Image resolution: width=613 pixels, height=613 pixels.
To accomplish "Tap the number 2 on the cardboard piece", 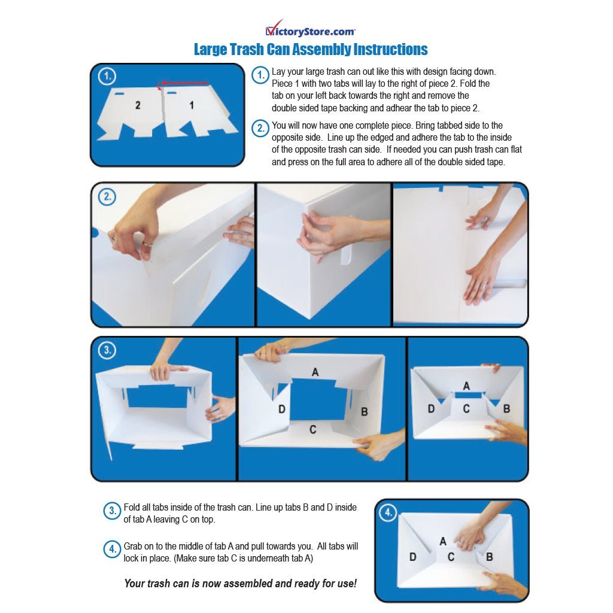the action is [x=138, y=105].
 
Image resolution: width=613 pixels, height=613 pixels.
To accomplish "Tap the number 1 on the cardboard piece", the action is [x=192, y=105].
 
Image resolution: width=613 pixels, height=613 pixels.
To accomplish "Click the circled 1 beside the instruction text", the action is [x=260, y=75].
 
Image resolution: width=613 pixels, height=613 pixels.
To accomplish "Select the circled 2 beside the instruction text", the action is [x=260, y=128].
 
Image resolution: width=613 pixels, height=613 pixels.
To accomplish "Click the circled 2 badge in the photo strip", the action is [x=107, y=196].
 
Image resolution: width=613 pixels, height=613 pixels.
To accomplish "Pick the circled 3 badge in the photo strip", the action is [x=107, y=350].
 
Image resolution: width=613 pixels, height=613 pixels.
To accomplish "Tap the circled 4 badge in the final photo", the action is [x=388, y=512].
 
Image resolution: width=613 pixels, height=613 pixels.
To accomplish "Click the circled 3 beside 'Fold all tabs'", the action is [x=112, y=511].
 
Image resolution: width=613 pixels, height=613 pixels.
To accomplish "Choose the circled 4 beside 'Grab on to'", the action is [x=112, y=550].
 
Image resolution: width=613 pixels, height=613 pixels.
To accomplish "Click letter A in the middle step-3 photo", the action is [x=315, y=372].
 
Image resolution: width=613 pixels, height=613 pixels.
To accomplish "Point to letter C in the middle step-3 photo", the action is [x=312, y=430].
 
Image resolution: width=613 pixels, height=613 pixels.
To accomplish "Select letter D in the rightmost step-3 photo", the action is [x=431, y=409].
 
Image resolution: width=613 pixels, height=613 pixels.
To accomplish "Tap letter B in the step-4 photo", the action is [x=490, y=557].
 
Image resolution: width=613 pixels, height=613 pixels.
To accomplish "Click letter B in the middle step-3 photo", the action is [x=365, y=412].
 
